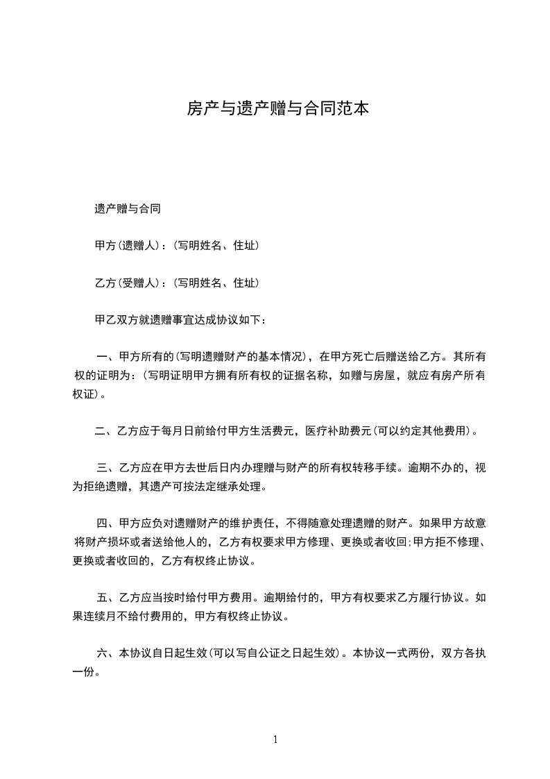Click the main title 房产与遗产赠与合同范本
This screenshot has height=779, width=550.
(276, 108)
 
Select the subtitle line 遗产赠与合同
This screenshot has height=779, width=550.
(128, 208)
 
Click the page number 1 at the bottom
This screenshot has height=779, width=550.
(275, 739)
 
